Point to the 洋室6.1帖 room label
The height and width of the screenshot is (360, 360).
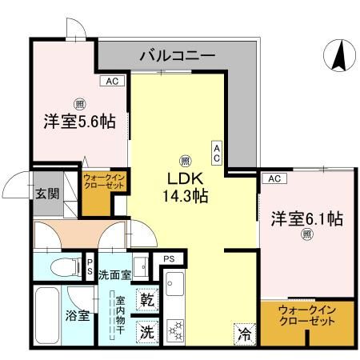coord(306,218)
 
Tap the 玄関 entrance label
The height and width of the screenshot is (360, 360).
coord(46,193)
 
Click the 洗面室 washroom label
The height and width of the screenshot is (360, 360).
coord(114,275)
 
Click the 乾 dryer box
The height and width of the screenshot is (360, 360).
coord(147,300)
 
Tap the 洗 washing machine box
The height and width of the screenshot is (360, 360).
coord(147,328)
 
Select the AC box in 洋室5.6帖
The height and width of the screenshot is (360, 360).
coord(112,81)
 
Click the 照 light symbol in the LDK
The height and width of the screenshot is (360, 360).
coord(184,158)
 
